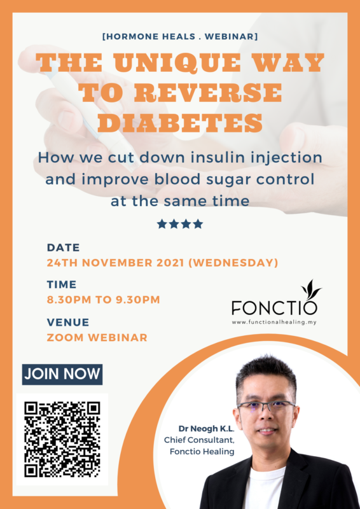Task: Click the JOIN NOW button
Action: (62, 374)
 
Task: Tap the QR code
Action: (62, 439)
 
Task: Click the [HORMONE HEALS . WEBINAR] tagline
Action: (180, 36)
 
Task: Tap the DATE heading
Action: (64, 248)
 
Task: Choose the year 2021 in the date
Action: (170, 263)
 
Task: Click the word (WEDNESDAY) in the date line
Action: (233, 263)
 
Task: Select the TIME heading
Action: (62, 284)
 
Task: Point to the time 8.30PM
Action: (69, 300)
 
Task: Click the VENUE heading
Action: (68, 323)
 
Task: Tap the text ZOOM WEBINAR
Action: (97, 338)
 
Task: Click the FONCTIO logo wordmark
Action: (274, 307)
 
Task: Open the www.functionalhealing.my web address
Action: (274, 323)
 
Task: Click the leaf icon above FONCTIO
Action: (310, 288)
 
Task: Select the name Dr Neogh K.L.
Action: (207, 429)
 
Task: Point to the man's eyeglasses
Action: (267, 405)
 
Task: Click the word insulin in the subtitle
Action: (228, 158)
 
